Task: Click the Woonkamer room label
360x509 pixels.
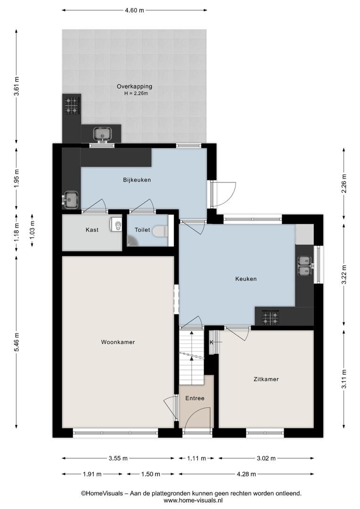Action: click(118, 342)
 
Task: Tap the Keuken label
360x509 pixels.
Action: click(246, 279)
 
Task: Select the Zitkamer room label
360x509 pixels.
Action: click(266, 379)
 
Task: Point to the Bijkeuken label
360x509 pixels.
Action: click(137, 180)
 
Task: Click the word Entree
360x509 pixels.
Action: click(195, 398)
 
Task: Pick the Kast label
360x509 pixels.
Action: click(92, 230)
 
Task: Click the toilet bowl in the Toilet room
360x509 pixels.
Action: click(160, 231)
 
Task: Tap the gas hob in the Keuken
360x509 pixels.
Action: click(270, 317)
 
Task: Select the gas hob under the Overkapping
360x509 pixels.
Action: click(72, 105)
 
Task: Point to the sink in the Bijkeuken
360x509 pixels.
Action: click(70, 200)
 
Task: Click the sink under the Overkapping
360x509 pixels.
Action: click(103, 134)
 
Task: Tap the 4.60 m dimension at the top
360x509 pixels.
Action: click(134, 10)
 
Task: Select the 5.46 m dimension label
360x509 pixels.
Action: click(17, 342)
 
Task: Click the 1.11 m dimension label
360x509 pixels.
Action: click(196, 459)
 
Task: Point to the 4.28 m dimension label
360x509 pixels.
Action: click(246, 474)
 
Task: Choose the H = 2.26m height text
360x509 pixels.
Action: click(136, 93)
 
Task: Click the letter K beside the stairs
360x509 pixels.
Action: click(211, 343)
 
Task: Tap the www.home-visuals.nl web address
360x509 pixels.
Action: click(193, 500)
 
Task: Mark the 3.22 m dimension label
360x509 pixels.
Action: click(344, 275)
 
